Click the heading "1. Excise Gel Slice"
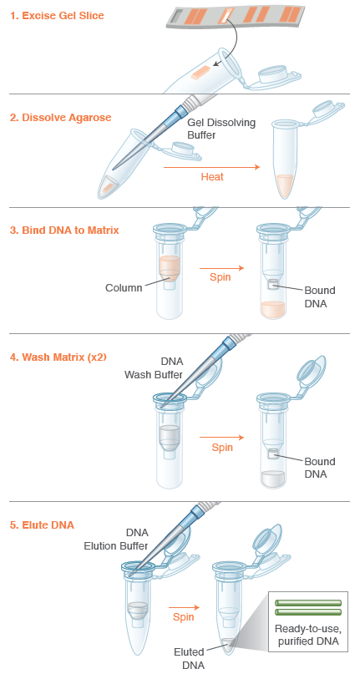point(58,16)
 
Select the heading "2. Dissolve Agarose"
point(60,117)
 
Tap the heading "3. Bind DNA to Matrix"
point(64,230)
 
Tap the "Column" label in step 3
point(124,288)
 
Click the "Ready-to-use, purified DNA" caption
point(307,634)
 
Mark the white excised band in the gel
point(226,13)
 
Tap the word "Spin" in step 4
point(222,448)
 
